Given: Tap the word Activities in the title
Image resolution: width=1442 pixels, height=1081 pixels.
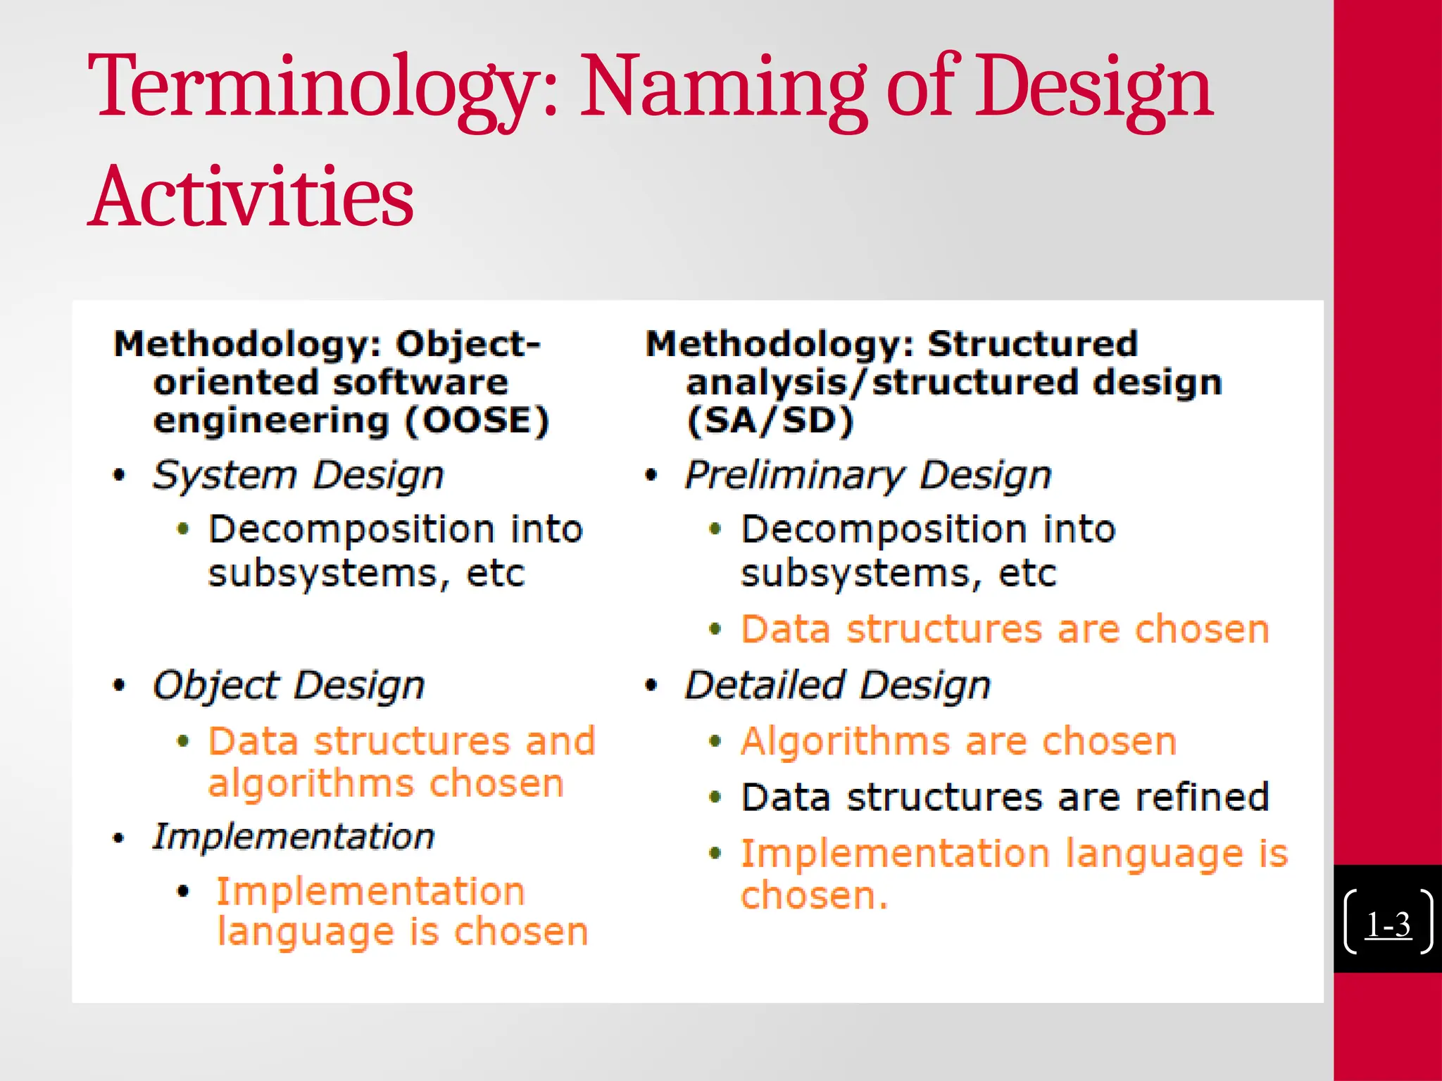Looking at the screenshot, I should click(x=252, y=197).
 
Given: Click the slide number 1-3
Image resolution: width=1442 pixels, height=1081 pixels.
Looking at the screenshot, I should click(x=1388, y=925).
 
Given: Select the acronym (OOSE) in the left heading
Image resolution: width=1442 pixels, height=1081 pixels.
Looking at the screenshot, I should click(x=477, y=421).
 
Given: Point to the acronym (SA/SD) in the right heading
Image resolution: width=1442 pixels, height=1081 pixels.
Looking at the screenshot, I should click(x=770, y=421).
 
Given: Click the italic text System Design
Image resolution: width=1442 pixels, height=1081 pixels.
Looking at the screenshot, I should click(x=299, y=475).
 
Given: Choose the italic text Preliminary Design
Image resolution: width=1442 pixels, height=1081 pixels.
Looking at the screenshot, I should click(x=868, y=475).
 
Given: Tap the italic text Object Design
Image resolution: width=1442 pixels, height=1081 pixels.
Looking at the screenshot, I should click(x=289, y=685).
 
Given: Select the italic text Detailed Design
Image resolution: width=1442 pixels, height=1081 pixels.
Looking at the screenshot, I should click(x=838, y=685).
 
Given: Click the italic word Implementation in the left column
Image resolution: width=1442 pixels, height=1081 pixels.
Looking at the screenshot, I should click(x=294, y=837).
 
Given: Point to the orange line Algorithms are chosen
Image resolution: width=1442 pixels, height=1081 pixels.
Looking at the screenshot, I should click(x=958, y=742).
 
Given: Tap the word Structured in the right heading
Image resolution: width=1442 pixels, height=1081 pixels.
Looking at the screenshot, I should click(x=1032, y=344).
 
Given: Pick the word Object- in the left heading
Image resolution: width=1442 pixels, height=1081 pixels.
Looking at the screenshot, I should click(x=468, y=344).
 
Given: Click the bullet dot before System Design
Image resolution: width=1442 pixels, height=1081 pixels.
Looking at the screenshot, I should click(x=119, y=475).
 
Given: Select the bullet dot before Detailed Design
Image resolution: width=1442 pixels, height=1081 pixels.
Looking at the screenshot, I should click(x=651, y=685).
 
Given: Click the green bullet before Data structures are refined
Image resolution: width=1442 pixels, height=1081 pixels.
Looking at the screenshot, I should click(x=715, y=797).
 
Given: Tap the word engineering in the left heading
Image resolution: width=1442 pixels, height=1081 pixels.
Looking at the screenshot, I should click(x=271, y=421).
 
